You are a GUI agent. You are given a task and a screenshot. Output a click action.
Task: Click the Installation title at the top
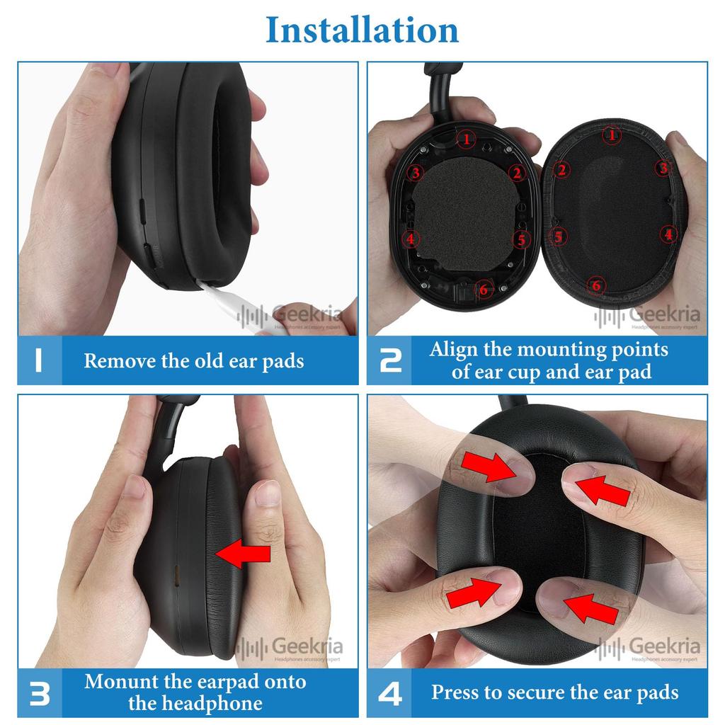tap(362, 30)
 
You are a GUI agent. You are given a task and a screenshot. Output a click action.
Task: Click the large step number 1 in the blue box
tap(38, 360)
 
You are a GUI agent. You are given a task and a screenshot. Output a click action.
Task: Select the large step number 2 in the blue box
tap(390, 360)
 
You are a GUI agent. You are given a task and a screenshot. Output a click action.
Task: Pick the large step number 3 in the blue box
tap(39, 693)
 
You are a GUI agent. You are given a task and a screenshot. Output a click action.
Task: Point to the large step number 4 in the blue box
tap(390, 693)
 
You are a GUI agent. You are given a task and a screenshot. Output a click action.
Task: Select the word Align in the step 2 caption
tap(454, 350)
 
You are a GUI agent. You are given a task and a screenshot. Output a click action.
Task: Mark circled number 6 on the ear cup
tap(484, 289)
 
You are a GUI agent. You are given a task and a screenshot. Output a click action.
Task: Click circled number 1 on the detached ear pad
tap(612, 135)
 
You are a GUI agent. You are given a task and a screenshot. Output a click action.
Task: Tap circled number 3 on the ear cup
tap(416, 172)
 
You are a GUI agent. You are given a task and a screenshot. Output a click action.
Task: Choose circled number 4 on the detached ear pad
tap(668, 234)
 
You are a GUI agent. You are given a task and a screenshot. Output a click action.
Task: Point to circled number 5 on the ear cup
tap(521, 240)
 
